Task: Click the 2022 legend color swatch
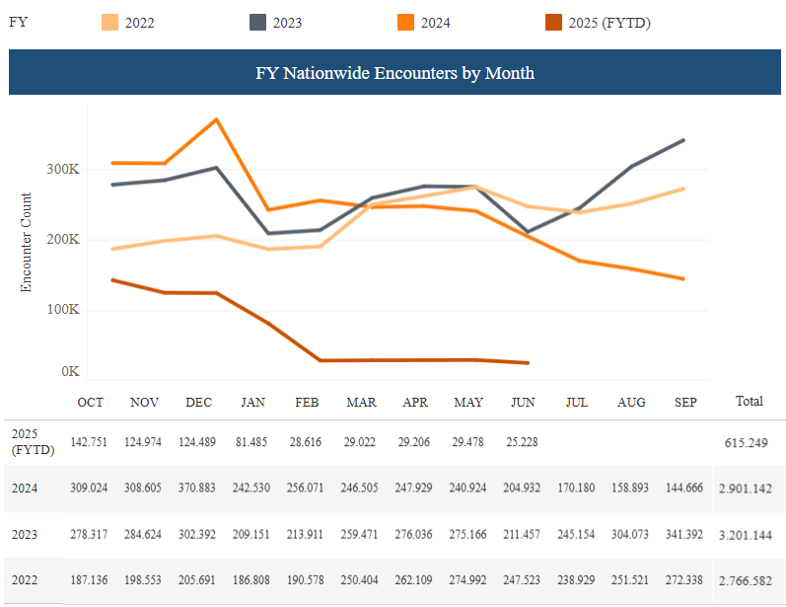tap(111, 23)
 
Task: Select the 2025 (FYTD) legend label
tap(609, 23)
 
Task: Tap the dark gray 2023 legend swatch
tap(259, 23)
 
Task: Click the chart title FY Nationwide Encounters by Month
tap(394, 73)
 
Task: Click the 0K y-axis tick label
tap(70, 372)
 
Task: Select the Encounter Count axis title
tap(27, 241)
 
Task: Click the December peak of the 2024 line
tap(216, 119)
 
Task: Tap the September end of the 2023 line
tap(683, 140)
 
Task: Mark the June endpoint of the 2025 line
tap(529, 363)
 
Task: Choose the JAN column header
tap(252, 403)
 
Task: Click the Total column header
tap(750, 402)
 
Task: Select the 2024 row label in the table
tap(25, 488)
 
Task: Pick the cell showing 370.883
tap(198, 488)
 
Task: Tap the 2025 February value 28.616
tap(305, 441)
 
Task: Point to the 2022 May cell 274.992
tap(468, 581)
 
